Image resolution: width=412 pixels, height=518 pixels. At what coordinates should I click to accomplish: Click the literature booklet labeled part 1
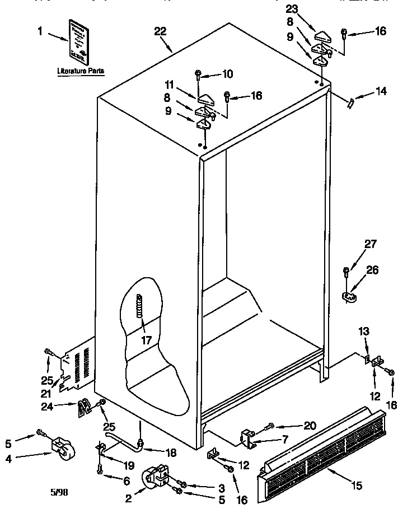(79, 41)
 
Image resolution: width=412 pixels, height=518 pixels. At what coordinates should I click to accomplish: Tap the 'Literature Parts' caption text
(81, 72)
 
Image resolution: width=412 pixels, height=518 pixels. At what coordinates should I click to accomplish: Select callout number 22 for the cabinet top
(160, 32)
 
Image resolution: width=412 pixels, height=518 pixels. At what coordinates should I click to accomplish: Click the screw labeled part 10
(199, 73)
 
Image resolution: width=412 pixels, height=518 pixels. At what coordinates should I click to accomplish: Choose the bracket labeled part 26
(349, 295)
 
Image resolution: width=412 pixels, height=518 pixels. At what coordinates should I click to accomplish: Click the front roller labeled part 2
(157, 477)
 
